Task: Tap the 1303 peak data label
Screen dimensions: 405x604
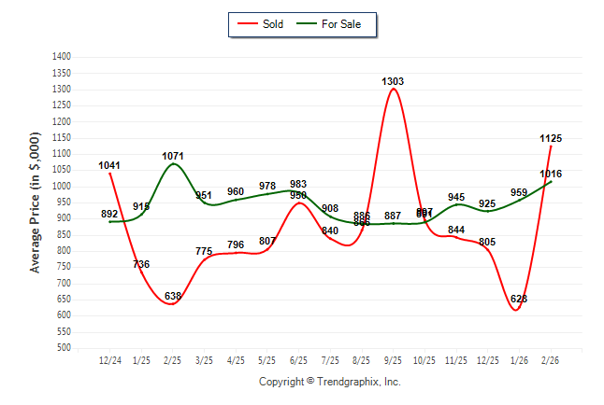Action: click(394, 82)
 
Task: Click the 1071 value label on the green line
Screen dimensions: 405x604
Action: click(172, 156)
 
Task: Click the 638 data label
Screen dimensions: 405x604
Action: click(173, 297)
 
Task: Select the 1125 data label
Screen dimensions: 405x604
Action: click(551, 139)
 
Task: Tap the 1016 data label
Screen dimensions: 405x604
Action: click(551, 175)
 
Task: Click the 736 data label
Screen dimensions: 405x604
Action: click(141, 265)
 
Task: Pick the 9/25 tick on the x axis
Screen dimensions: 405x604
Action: click(393, 359)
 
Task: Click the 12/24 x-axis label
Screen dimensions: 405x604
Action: click(109, 359)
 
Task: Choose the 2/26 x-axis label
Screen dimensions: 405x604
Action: click(551, 359)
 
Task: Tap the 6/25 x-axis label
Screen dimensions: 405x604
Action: click(298, 359)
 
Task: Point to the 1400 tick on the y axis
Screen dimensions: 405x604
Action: click(63, 57)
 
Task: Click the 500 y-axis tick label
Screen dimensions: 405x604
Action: click(65, 348)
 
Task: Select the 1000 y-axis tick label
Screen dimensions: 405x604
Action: click(63, 187)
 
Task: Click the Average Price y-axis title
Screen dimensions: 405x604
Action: click(36, 202)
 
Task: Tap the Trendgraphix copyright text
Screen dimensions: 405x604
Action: click(329, 382)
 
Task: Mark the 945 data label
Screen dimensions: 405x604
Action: click(456, 198)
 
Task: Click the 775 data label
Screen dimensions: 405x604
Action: click(205, 252)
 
